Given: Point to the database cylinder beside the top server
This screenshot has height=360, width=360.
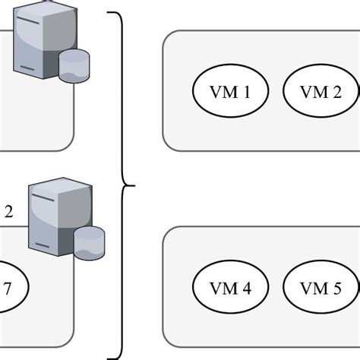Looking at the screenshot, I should [x=74, y=65].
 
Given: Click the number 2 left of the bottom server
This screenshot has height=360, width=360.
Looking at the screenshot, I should [x=8, y=212].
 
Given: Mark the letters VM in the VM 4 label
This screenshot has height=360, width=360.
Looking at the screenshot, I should [x=226, y=289].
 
